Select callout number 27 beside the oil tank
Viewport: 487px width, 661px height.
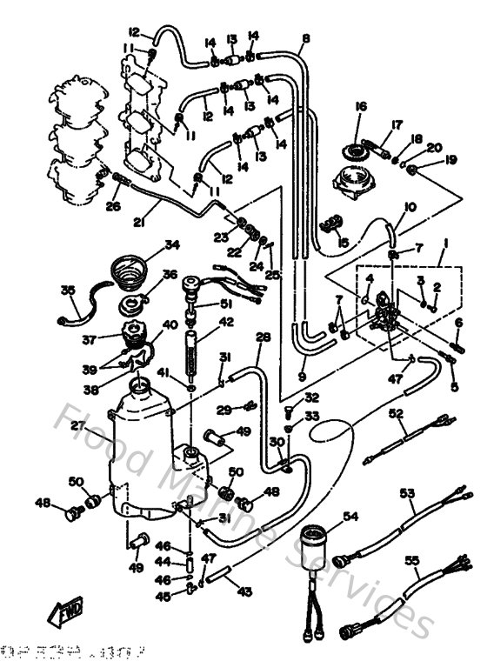(x=76, y=426)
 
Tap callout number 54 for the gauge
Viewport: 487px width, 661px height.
(x=350, y=516)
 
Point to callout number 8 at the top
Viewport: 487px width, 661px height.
(x=306, y=38)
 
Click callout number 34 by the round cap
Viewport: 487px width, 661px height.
(x=171, y=244)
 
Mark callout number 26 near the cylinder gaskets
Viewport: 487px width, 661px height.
(x=111, y=206)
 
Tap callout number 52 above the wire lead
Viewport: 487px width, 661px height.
(x=397, y=417)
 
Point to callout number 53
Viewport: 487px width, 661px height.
(x=406, y=493)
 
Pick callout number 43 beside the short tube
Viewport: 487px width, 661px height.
(x=244, y=592)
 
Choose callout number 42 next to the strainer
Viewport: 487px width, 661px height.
(x=226, y=321)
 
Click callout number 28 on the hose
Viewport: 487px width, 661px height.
(x=263, y=337)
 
